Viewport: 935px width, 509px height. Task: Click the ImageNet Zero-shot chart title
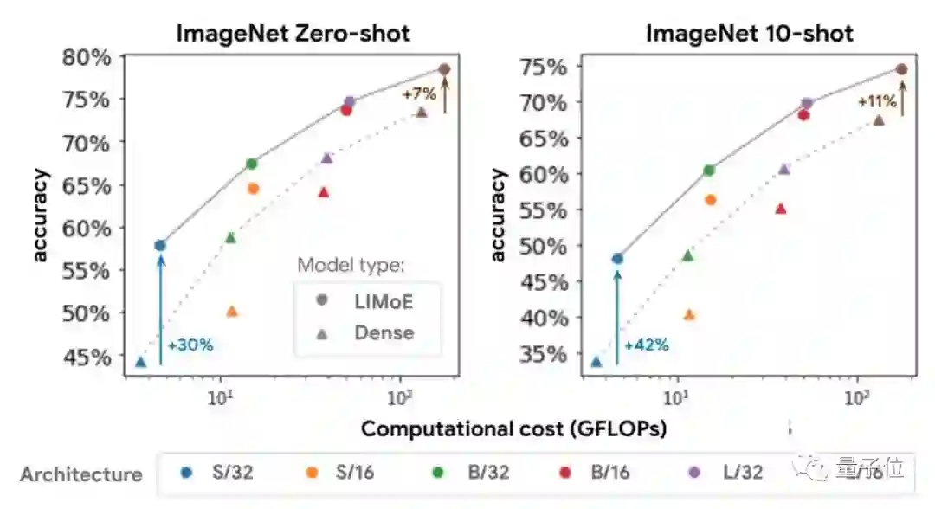tap(293, 34)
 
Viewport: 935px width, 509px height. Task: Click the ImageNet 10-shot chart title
tap(750, 34)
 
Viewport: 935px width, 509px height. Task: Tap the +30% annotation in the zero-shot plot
tap(190, 345)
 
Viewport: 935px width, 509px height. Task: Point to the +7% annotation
tap(419, 93)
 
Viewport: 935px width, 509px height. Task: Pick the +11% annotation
tap(875, 101)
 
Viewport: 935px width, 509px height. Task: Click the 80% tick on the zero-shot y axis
tap(87, 58)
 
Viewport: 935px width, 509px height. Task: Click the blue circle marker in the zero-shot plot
tap(160, 246)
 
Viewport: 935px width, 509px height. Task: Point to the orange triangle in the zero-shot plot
tap(232, 312)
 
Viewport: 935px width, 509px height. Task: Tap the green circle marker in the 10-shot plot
tap(709, 171)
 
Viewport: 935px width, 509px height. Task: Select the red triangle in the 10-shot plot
tap(781, 209)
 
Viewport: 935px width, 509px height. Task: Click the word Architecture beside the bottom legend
tap(81, 474)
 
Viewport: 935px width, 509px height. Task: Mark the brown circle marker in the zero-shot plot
tap(444, 69)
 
